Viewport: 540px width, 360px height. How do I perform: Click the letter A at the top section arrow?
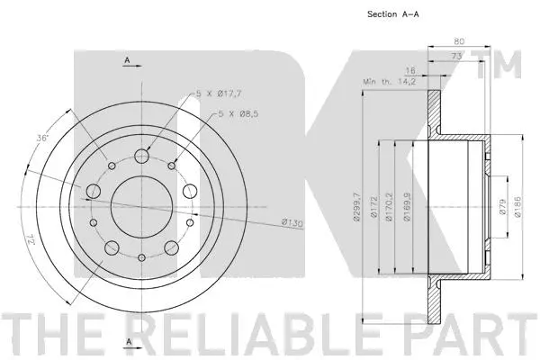[127, 60]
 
